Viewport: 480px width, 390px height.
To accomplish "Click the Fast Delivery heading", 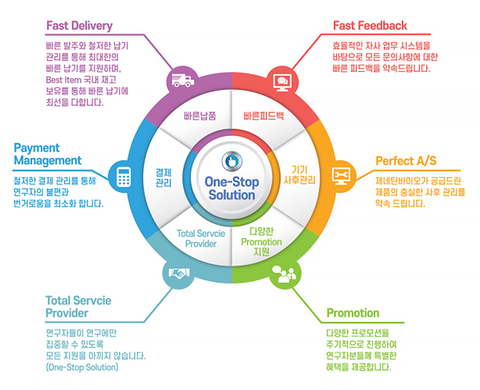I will [x=79, y=26].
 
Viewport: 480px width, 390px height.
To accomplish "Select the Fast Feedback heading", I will [x=370, y=26].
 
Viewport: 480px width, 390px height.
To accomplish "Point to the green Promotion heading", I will [x=353, y=313].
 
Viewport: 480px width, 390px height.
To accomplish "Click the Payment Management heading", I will [x=48, y=154].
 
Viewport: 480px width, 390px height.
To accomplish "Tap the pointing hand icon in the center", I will [x=231, y=161].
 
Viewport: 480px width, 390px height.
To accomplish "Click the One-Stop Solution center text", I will [x=231, y=189].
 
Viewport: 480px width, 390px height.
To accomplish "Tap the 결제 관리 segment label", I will [x=164, y=177].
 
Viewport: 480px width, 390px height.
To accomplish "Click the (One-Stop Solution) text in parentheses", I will [x=82, y=368].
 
